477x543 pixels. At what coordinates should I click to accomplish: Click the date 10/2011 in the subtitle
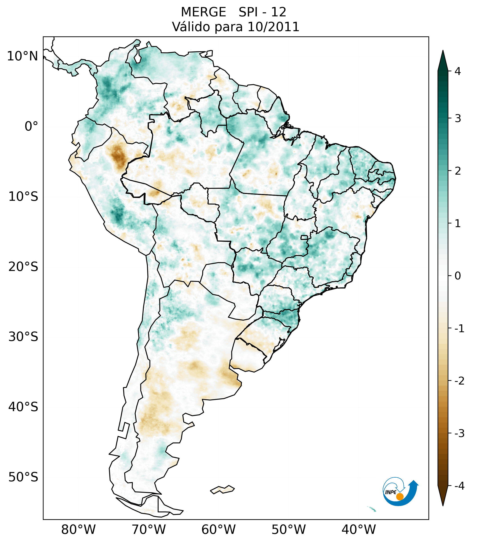pyautogui.click(x=273, y=27)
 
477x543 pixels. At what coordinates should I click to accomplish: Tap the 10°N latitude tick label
pyautogui.click(x=23, y=56)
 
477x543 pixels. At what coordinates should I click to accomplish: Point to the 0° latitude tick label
pyautogui.click(x=31, y=126)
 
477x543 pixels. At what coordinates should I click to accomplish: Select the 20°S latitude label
pyautogui.click(x=23, y=267)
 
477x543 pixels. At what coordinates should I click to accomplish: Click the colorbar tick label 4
pyautogui.click(x=458, y=71)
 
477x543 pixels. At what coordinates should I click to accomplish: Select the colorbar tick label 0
pyautogui.click(x=458, y=276)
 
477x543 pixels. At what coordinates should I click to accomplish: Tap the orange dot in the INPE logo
pyautogui.click(x=400, y=497)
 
